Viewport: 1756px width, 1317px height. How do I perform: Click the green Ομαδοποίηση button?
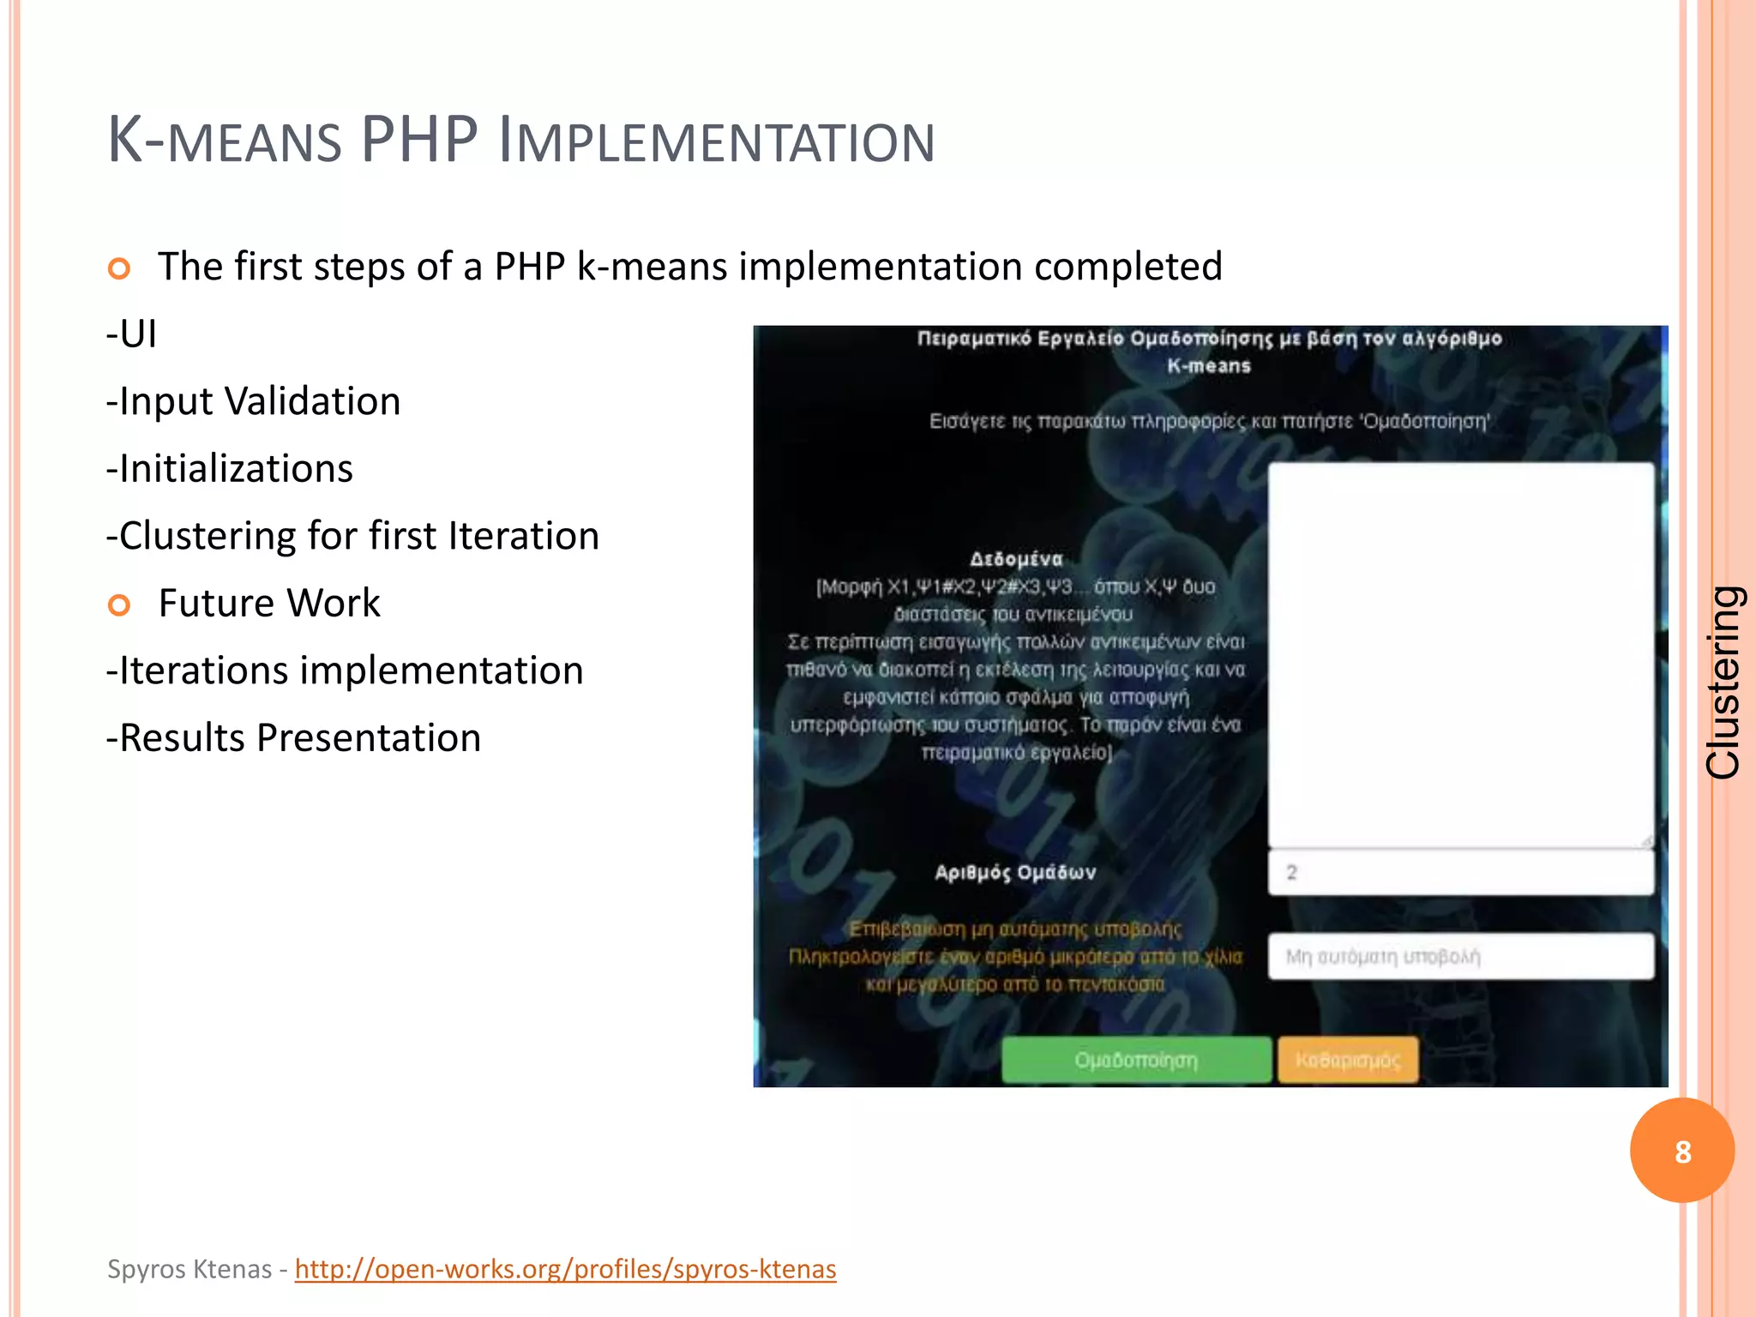pyautogui.click(x=1136, y=1060)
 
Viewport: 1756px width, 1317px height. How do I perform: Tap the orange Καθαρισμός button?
pyautogui.click(x=1348, y=1060)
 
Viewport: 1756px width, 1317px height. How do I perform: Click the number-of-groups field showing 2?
pyautogui.click(x=1460, y=873)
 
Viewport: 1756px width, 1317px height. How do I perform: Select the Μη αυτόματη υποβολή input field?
pyautogui.click(x=1460, y=956)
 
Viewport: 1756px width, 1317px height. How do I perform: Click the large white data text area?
pyautogui.click(x=1460, y=655)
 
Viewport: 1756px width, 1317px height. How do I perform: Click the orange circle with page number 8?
pyautogui.click(x=1682, y=1151)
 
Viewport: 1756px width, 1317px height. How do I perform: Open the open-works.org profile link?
pyautogui.click(x=565, y=1269)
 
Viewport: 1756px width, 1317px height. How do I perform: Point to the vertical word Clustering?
pyautogui.click(x=1723, y=683)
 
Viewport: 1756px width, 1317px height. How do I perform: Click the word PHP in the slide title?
pyautogui.click(x=419, y=140)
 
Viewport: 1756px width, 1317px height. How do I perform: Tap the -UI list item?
pyautogui.click(x=132, y=334)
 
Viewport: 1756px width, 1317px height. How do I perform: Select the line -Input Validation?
pyautogui.click(x=254, y=401)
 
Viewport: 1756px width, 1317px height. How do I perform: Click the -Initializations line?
pyautogui.click(x=230, y=468)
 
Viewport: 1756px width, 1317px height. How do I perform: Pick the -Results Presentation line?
pyautogui.click(x=294, y=737)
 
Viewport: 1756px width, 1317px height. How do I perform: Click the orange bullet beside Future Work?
pyautogui.click(x=119, y=605)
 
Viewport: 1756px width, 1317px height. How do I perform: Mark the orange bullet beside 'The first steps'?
pyautogui.click(x=119, y=268)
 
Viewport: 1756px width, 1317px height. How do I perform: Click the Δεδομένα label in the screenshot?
pyautogui.click(x=1016, y=559)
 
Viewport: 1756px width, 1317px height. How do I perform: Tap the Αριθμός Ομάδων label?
pyautogui.click(x=1015, y=873)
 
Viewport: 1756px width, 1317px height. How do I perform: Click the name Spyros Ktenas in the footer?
pyautogui.click(x=189, y=1269)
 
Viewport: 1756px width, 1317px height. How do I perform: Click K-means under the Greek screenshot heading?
pyautogui.click(x=1209, y=366)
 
